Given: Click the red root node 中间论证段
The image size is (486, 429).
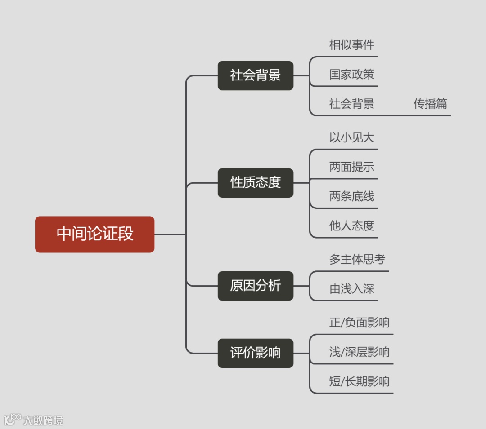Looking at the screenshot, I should (94, 234).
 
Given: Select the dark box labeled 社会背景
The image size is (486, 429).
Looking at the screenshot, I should (255, 75).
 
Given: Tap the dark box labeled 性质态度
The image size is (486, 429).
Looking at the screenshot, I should (255, 182).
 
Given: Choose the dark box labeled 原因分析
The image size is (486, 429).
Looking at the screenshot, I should (255, 286).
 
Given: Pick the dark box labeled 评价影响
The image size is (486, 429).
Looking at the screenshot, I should (255, 353).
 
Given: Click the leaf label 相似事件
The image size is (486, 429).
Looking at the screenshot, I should (351, 45).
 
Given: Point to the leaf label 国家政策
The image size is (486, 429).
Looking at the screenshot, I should (351, 74).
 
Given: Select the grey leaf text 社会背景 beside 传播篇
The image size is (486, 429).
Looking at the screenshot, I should (351, 104).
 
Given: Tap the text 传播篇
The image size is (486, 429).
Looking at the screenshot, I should (430, 104).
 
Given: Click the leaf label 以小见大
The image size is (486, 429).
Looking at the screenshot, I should (351, 137).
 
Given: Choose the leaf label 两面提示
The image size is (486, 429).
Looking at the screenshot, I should (351, 167).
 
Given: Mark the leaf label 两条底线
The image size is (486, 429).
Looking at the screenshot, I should (351, 196).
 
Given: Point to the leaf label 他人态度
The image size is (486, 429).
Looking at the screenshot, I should (351, 226).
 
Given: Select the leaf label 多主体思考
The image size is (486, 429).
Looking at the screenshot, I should (357, 259).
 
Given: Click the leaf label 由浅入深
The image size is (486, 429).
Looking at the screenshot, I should (351, 289).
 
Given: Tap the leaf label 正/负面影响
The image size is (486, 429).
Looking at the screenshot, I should (359, 323).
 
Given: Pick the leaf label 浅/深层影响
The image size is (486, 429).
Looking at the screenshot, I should (359, 352).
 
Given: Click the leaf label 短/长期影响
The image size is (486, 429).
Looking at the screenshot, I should (359, 382).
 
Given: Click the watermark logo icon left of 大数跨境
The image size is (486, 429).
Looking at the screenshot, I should (13, 420).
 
